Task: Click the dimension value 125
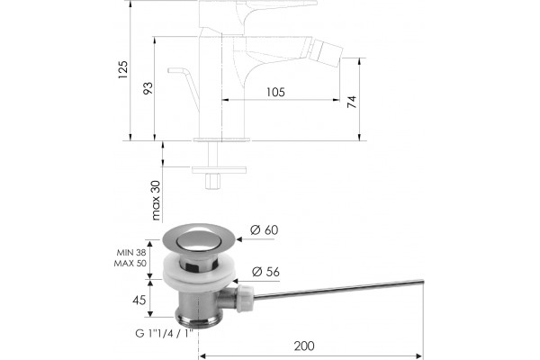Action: coord(123,69)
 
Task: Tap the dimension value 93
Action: coord(148,88)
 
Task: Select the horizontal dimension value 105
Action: coord(275,92)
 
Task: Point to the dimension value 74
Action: coord(351,102)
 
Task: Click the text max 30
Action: coord(156,201)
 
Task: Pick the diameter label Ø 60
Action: coord(264,229)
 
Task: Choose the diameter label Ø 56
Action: coord(265,272)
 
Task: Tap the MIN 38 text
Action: coord(131,253)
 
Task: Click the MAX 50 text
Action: coord(130,263)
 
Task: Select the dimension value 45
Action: coord(139,300)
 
